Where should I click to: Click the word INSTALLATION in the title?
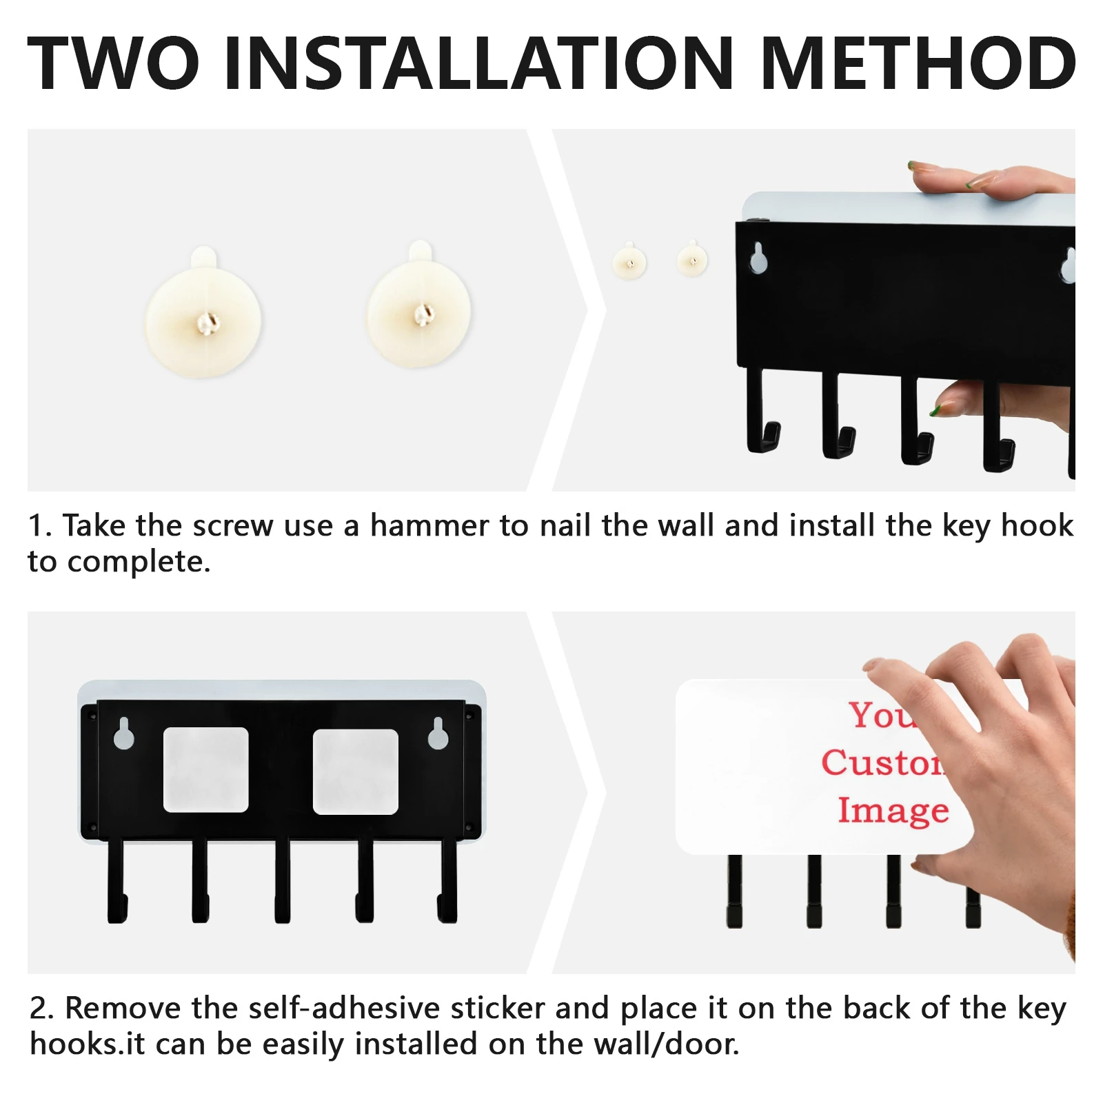point(479,63)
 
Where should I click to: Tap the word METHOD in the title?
point(920,63)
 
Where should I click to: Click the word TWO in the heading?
point(113,63)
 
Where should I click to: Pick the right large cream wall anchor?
point(419,305)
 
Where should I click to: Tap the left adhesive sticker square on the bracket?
point(205,769)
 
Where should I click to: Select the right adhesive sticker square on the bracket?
point(356,771)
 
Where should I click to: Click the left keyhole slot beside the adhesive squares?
point(124,733)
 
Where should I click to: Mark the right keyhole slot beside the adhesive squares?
point(438,733)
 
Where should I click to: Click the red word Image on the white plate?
point(893,811)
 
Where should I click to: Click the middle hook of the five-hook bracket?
point(283,881)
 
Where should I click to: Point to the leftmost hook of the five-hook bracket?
point(117,881)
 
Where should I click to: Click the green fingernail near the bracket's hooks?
point(936,411)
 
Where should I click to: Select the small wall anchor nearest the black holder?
point(692,260)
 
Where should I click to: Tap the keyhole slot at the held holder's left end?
point(758,259)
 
